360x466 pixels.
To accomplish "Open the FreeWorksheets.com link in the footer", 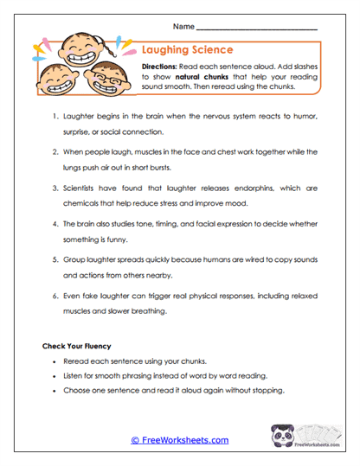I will point(179,440).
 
